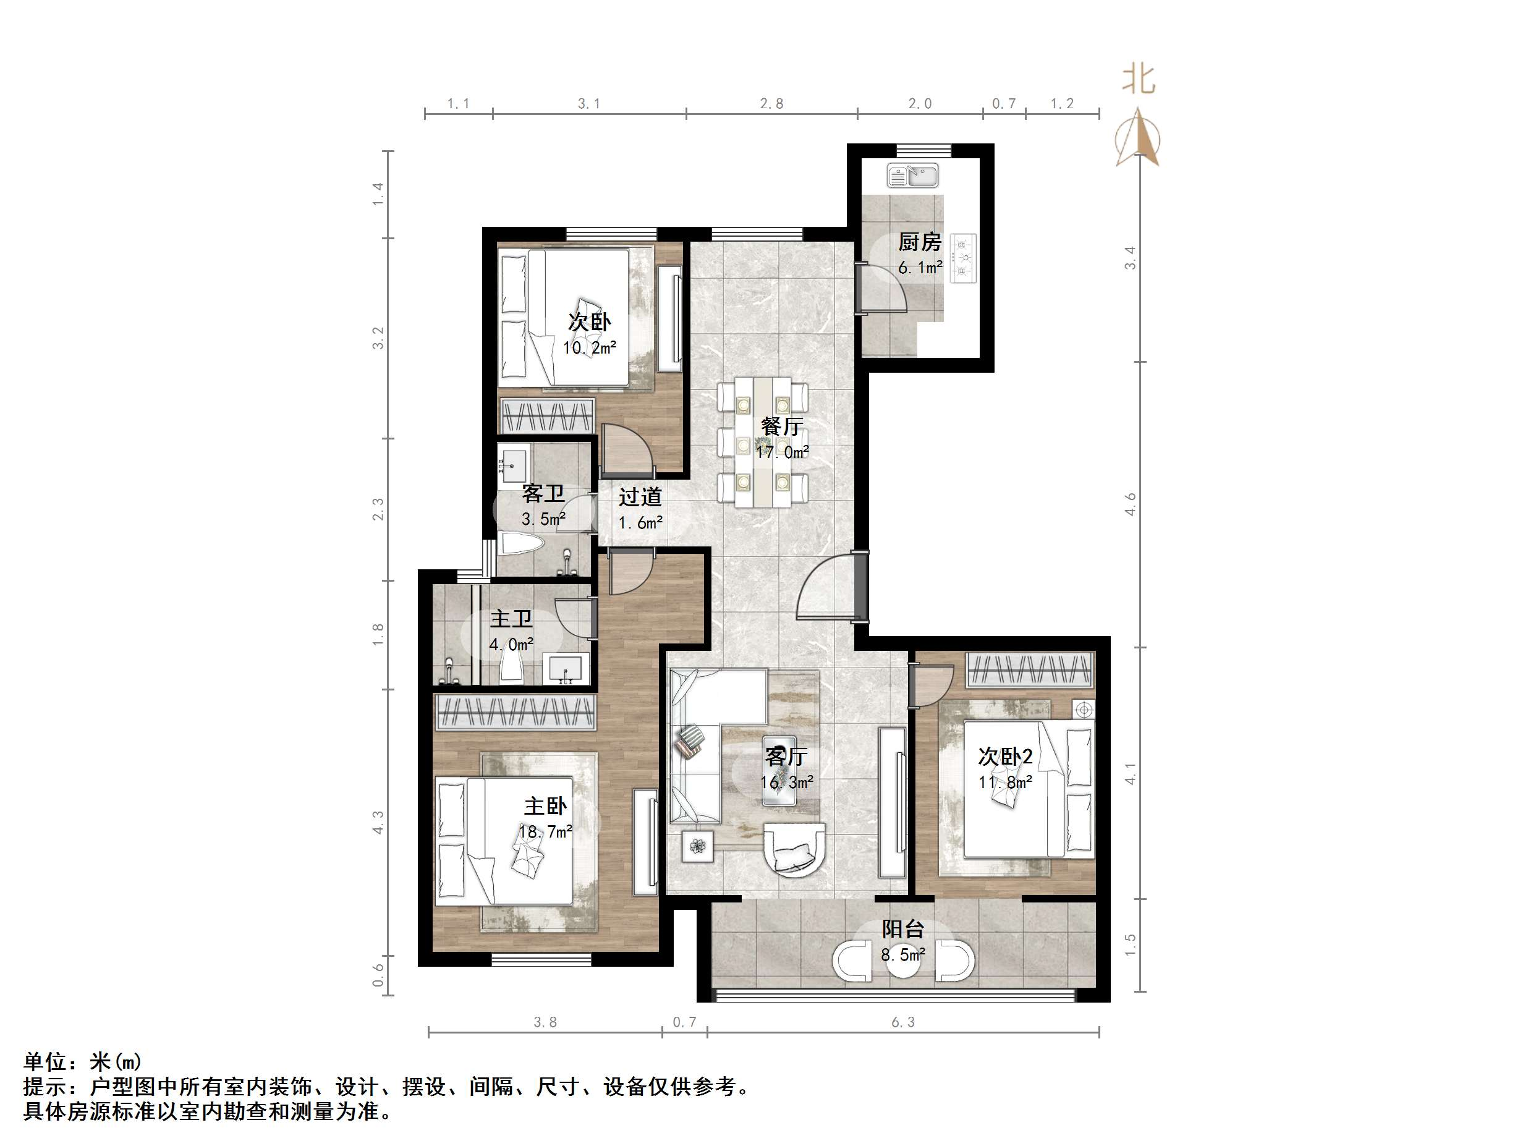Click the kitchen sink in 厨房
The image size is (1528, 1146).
(x=912, y=176)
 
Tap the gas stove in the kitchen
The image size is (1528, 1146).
(x=963, y=258)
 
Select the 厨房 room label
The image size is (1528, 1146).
(x=919, y=242)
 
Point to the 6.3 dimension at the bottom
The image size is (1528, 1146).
(x=902, y=1022)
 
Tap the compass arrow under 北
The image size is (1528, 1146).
(x=1138, y=138)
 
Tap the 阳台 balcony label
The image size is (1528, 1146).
(x=902, y=929)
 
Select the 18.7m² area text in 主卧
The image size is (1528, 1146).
(x=545, y=832)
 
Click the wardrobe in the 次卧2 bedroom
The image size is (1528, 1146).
(x=1030, y=669)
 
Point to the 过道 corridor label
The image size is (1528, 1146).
(x=640, y=497)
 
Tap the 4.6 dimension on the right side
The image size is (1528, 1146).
(x=1129, y=504)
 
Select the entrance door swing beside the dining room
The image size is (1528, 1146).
(x=825, y=587)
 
